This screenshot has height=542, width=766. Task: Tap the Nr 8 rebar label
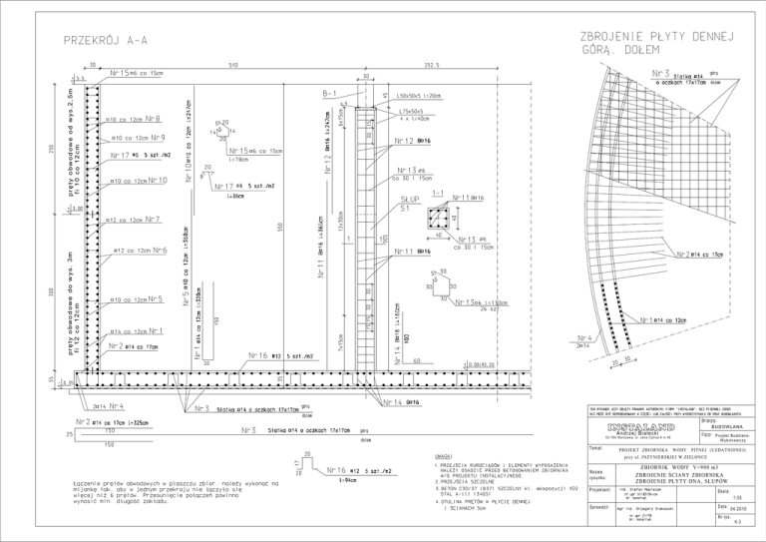pos(154,119)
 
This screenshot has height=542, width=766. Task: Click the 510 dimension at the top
pos(232,66)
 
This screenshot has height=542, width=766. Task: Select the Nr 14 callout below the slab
pos(396,402)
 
